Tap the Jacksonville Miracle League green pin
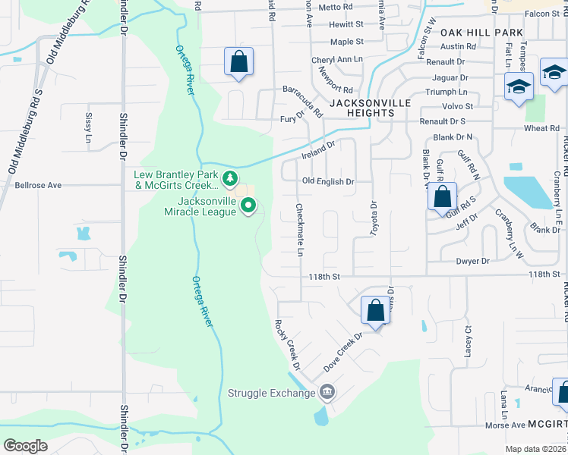(x=248, y=206)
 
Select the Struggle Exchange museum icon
(x=327, y=392)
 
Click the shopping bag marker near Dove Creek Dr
(x=375, y=309)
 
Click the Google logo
(x=25, y=445)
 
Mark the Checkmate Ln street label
(x=300, y=229)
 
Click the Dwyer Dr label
(x=472, y=261)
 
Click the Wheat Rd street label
(x=541, y=128)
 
